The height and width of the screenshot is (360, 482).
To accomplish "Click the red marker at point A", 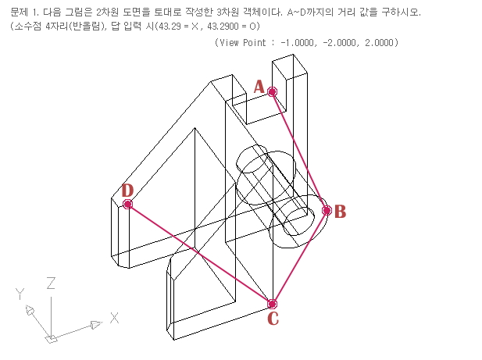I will coord(272,92).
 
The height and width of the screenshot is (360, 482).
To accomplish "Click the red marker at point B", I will coord(327,210).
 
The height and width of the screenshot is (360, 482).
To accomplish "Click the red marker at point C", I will coord(272,304).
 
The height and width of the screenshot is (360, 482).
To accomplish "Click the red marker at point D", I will coord(127,205).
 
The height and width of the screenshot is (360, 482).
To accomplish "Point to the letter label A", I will coord(259,87).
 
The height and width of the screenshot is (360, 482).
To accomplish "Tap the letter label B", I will coord(340,211).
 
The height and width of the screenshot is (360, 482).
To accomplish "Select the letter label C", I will coord(273,318).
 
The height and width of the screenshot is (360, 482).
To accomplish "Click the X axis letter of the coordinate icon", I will coord(114,318).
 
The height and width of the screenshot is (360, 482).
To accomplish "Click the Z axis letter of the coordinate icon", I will coord(50,283).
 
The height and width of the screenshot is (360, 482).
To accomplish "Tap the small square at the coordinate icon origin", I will coord(51,339).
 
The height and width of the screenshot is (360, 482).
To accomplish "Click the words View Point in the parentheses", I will coord(243,42).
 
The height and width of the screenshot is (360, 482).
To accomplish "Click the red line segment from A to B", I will coord(299,151).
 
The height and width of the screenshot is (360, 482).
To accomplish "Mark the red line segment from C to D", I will coord(199,254).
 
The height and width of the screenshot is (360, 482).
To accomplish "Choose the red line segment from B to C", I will coord(299,257).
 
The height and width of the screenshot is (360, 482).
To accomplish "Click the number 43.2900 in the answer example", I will coord(216,26).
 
